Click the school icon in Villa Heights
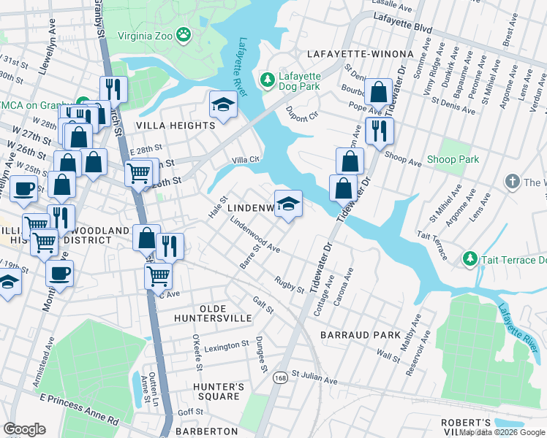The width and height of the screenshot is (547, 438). coord(223,105)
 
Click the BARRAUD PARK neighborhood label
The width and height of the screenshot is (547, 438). coord(360,335)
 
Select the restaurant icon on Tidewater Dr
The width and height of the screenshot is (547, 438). coord(379,131)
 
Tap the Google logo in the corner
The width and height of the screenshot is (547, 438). coord(24,429)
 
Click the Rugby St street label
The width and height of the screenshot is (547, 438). coord(290,284)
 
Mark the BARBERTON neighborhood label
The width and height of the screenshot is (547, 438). coord(208,431)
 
